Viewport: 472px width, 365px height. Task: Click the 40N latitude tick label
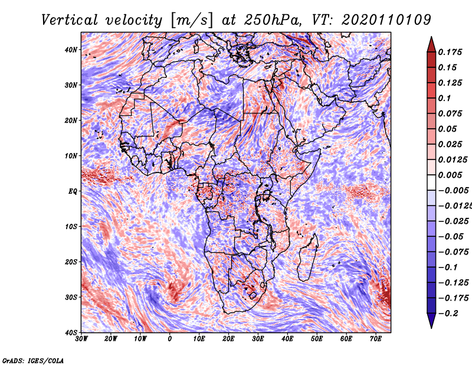click(x=71, y=50)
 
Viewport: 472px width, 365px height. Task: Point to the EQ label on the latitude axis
click(x=73, y=191)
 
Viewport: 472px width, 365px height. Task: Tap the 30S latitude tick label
click(x=71, y=297)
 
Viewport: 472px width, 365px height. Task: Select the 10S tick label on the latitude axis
click(x=71, y=227)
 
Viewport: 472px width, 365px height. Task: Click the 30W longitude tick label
click(x=81, y=339)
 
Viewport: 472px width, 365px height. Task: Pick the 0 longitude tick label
click(x=170, y=339)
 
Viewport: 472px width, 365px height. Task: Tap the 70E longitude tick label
click(x=376, y=339)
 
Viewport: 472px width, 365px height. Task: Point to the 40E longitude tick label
click(x=287, y=339)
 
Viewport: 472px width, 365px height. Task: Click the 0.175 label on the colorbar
click(x=450, y=53)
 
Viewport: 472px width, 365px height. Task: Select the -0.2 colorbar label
click(x=448, y=314)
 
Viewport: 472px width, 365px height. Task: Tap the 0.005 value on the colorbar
click(x=450, y=175)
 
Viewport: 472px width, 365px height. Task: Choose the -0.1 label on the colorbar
click(x=448, y=268)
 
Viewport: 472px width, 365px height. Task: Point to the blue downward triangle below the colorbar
click(x=431, y=320)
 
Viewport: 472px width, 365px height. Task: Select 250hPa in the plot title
click(x=273, y=20)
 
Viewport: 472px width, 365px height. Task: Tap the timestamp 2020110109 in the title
click(x=386, y=20)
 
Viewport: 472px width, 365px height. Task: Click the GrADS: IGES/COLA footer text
click(x=33, y=361)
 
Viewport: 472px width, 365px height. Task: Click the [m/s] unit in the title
click(x=192, y=21)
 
